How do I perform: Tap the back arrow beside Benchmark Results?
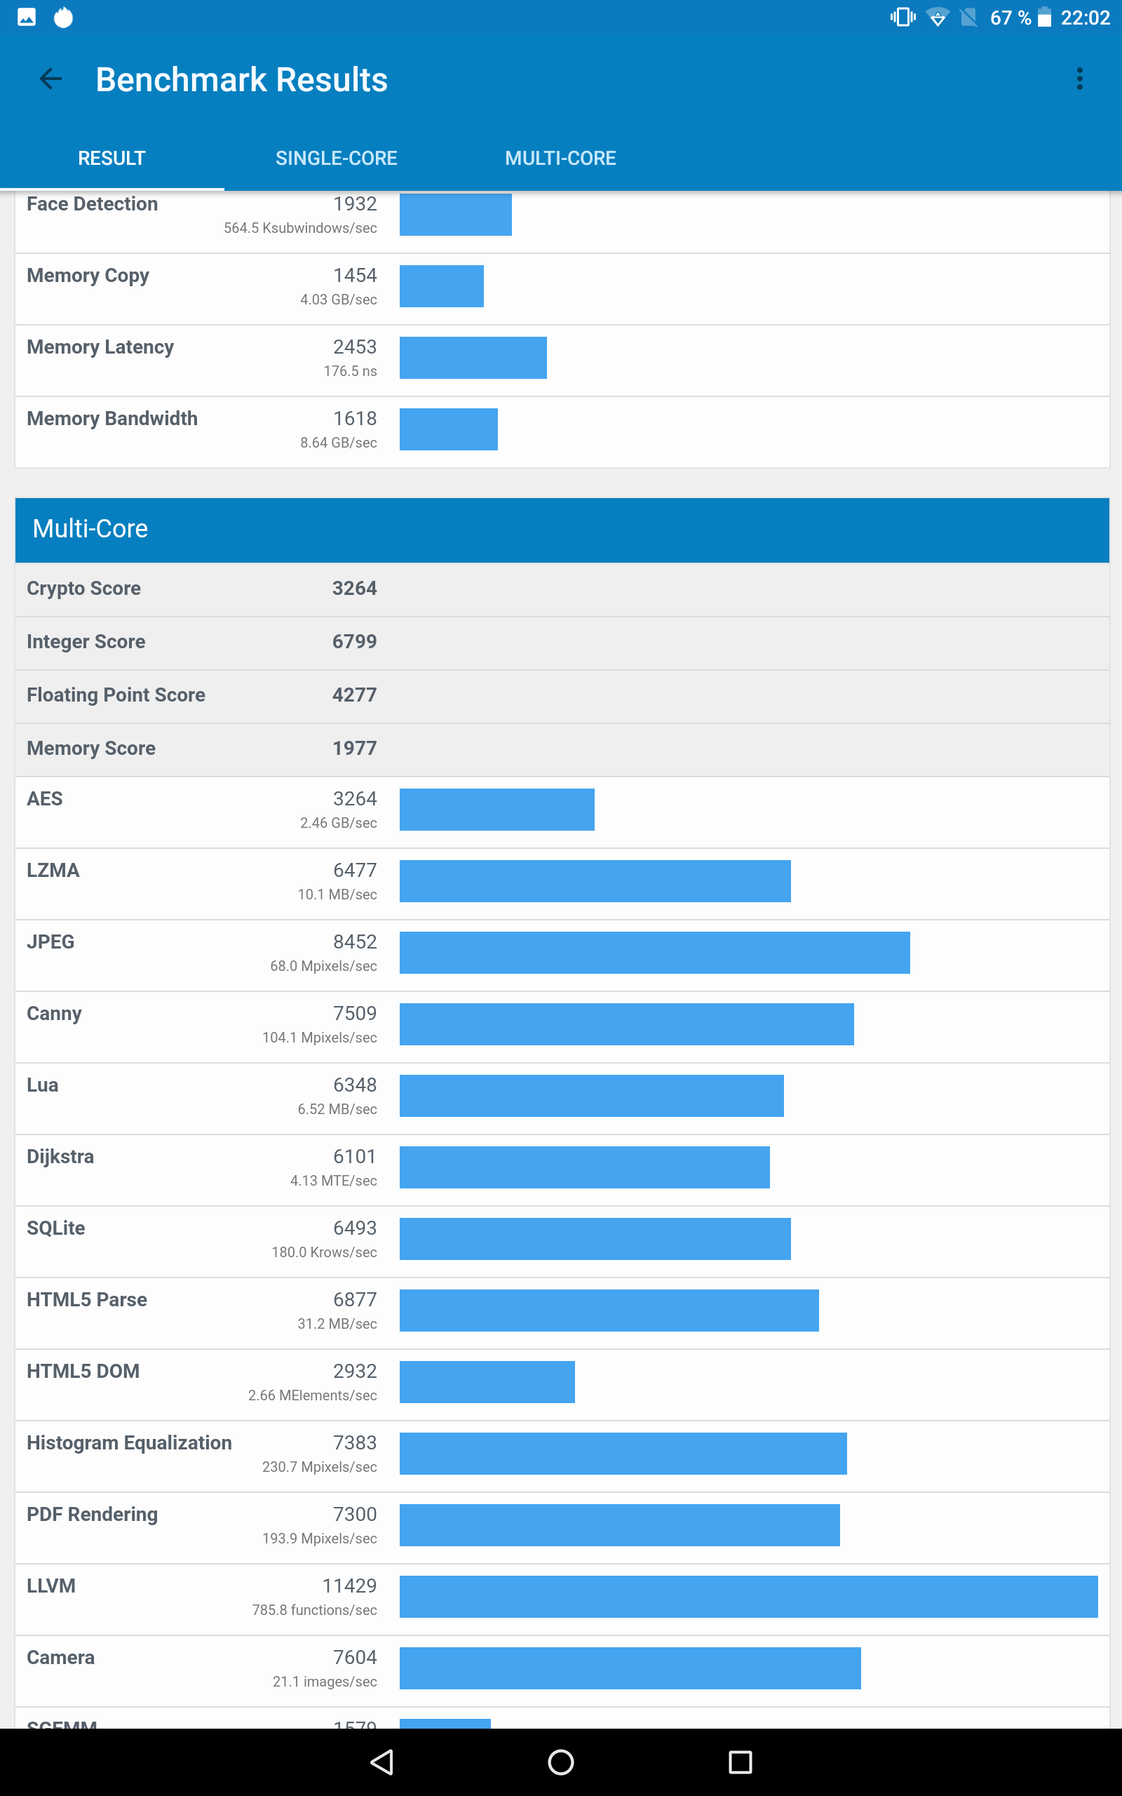click(50, 79)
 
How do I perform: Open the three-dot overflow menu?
click(1080, 79)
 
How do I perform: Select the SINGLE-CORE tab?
click(336, 158)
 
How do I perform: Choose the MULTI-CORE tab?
click(560, 158)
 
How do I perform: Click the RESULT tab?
click(112, 158)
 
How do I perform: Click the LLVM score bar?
click(748, 1596)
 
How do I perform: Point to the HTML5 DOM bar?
click(487, 1382)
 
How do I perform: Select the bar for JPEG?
click(654, 952)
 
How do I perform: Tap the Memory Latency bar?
click(473, 358)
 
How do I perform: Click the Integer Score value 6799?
click(354, 642)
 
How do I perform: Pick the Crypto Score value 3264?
click(354, 589)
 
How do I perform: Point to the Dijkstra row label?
click(60, 1156)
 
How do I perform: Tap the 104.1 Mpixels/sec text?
click(319, 1038)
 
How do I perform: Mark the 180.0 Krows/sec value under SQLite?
click(323, 1252)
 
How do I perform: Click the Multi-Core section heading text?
click(90, 528)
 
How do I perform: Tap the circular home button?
click(560, 1761)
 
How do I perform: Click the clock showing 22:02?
click(1084, 18)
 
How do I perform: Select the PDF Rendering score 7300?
click(354, 1514)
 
